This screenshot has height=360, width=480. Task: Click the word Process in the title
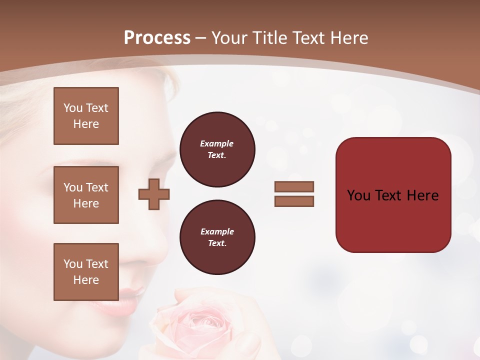point(157,37)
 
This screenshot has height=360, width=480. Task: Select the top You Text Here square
point(86,116)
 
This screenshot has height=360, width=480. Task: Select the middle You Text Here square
point(86,195)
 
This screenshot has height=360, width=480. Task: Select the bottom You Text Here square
point(86,272)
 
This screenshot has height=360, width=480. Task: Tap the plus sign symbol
point(154,195)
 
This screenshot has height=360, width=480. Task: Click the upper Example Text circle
point(217,149)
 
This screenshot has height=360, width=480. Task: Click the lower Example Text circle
point(217,237)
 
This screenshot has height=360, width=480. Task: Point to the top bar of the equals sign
point(294,186)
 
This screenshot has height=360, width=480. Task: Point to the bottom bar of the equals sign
point(294,201)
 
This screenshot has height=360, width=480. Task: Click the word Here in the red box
point(422,195)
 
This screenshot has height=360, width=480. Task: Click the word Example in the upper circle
point(216,143)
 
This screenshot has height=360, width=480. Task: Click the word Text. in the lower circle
point(217,243)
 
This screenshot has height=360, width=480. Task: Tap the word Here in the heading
point(347,37)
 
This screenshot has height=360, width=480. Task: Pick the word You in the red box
point(358,195)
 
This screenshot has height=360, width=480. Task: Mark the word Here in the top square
point(86,124)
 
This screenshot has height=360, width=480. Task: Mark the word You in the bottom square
point(73,264)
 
